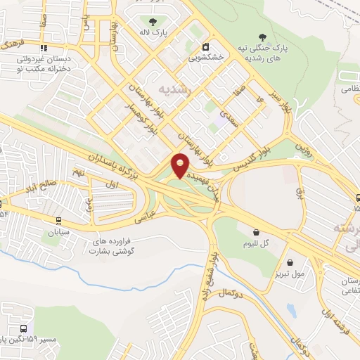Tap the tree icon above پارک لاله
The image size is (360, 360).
tap(153, 20)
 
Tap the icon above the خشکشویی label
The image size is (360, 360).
tap(206, 47)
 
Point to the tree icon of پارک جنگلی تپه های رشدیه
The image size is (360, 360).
tap(263, 37)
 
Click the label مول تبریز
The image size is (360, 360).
tap(290, 273)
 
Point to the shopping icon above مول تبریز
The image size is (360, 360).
tap(289, 262)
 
